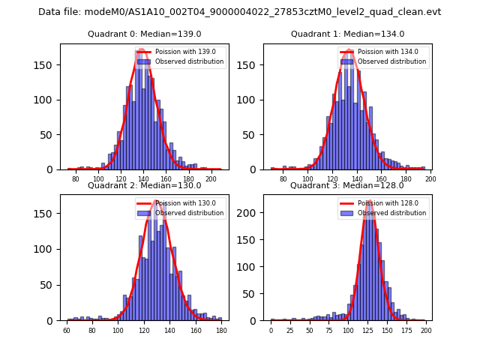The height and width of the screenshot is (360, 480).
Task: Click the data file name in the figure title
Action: [x=239, y=12]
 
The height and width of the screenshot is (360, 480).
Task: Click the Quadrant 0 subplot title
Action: [x=144, y=34]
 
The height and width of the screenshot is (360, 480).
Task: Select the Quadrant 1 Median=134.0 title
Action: [x=347, y=34]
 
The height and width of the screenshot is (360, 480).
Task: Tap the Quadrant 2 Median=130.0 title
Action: [x=144, y=185]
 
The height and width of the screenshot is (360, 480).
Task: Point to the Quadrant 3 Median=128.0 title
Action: [x=347, y=185]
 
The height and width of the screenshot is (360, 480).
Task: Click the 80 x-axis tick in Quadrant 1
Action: [x=283, y=179]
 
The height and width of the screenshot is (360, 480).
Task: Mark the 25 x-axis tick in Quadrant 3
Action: [x=290, y=331]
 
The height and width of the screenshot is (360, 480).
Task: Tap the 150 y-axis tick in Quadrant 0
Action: [x=49, y=64]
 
